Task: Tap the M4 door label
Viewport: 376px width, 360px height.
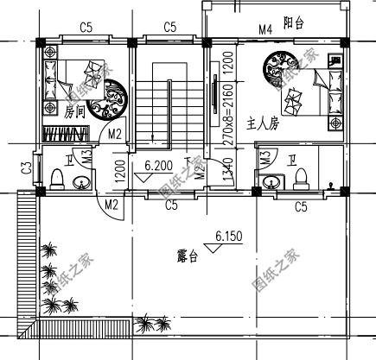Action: pyautogui.click(x=266, y=30)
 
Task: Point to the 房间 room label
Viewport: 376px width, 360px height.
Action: pyautogui.click(x=74, y=111)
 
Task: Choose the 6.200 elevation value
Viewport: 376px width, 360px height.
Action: pyautogui.click(x=158, y=163)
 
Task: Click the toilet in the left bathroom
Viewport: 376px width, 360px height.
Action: pyautogui.click(x=57, y=178)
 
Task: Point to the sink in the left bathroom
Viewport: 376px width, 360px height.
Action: pyautogui.click(x=81, y=182)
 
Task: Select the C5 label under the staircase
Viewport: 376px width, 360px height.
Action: pyautogui.click(x=171, y=205)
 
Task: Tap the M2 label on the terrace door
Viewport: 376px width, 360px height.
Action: pyautogui.click(x=111, y=205)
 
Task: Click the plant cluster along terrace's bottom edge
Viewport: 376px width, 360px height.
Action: pyautogui.click(x=151, y=325)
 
